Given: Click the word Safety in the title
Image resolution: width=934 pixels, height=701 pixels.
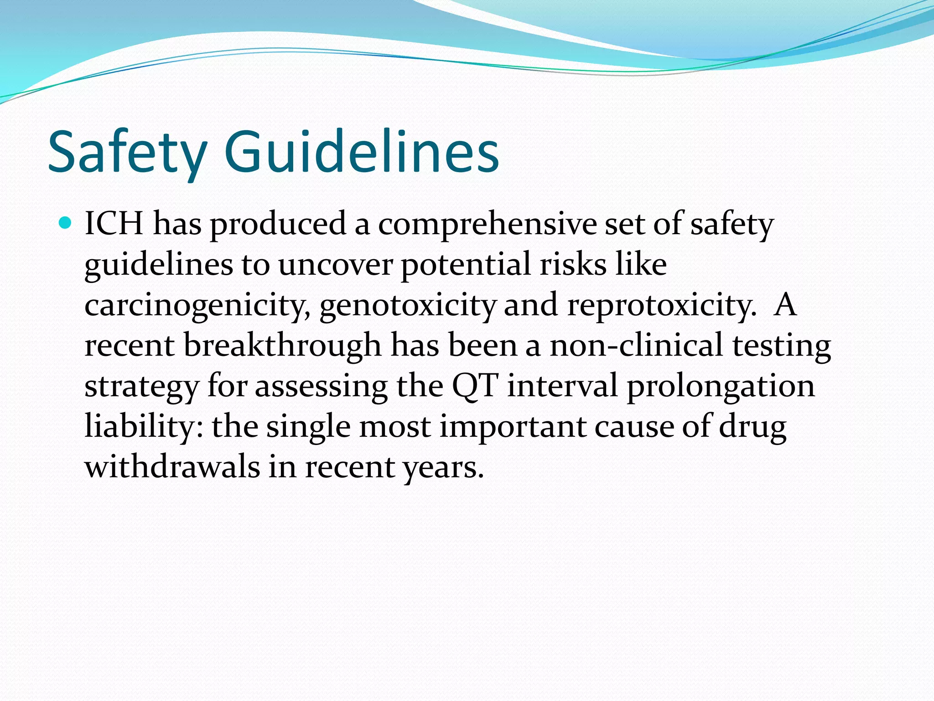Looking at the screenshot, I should tap(128, 153).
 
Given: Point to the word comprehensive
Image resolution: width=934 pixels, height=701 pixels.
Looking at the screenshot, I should tap(487, 225).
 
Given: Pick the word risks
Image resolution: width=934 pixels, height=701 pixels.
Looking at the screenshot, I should tap(573, 264).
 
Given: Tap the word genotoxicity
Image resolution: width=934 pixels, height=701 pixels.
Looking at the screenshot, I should tap(407, 305).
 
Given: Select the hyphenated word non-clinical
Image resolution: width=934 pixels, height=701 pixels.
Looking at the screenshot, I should tap(636, 345).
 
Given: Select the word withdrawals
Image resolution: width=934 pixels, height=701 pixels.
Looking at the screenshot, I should tap(172, 467).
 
